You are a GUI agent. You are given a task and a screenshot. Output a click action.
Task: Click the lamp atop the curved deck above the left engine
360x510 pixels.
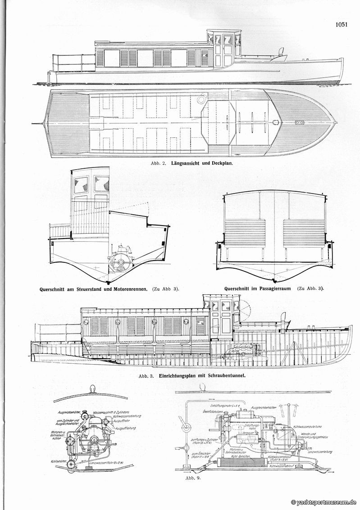point(94,388)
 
